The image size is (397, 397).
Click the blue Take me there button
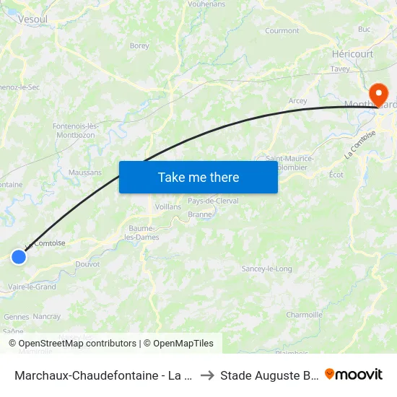[198, 177]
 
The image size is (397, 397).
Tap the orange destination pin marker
[378, 95]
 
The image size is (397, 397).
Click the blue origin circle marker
[19, 256]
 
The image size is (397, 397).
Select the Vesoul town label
[32, 20]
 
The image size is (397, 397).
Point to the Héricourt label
[352, 54]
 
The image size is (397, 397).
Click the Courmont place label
[282, 31]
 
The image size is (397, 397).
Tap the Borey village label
[139, 45]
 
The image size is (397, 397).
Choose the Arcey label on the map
[297, 101]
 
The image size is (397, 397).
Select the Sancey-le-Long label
[267, 269]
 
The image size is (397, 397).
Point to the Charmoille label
[304, 315]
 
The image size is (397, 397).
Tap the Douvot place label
[87, 264]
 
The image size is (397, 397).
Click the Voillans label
[168, 206]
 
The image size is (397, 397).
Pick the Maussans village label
[85, 173]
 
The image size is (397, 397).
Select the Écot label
[336, 175]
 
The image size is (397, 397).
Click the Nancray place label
[47, 316]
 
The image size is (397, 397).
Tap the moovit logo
[354, 374]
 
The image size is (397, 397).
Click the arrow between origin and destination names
[206, 375]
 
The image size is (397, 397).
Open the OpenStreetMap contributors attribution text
[73, 344]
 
